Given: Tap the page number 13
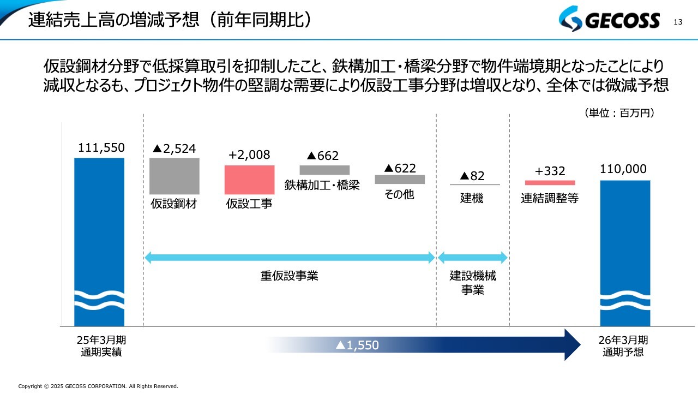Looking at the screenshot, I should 678,22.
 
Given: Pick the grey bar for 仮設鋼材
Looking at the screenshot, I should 174,176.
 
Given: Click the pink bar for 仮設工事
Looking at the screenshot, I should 249,180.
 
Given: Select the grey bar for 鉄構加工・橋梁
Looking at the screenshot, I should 324,170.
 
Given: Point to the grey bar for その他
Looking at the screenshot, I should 400,179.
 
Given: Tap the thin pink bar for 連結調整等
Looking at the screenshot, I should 550,183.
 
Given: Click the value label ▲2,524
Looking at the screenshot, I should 174,148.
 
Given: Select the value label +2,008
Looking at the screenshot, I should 249,155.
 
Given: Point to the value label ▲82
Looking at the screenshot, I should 472,176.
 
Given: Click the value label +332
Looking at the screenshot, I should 550,171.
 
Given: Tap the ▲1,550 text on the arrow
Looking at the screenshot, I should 357,345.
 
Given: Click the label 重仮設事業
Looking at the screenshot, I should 289,276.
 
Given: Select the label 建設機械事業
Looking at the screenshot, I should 473,283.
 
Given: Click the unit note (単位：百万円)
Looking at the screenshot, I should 619,113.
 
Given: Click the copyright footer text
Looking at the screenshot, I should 98,386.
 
